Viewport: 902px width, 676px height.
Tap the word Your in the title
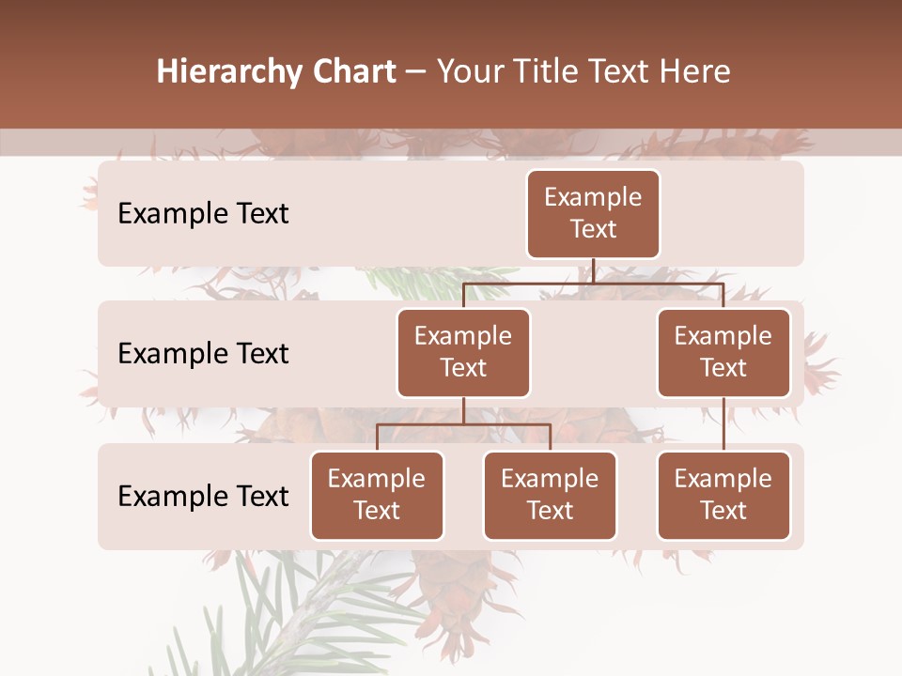471,72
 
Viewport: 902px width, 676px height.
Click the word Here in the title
696,72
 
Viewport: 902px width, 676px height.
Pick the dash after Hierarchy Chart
415,73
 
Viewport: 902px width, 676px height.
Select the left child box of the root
463,352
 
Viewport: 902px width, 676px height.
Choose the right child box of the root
723,352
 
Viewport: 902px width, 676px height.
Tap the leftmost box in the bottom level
377,495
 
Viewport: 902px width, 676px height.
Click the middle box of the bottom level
550,495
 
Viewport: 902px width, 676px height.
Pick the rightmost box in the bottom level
723,495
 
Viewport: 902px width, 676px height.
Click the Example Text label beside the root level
203,214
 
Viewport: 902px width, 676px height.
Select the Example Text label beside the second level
203,354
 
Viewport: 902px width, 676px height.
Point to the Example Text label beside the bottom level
203,496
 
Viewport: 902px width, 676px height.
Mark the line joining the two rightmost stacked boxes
723,424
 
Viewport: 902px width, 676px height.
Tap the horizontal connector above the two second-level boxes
593,283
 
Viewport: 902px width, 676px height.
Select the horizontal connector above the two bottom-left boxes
463,424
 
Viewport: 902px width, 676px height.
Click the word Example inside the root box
593,197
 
